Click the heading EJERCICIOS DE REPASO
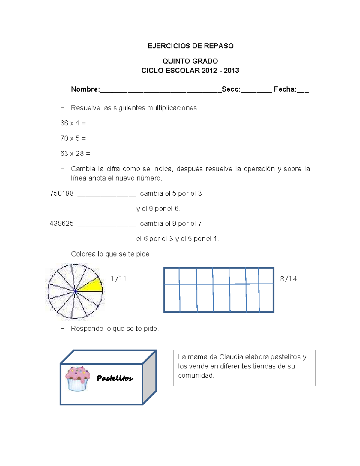[190, 46]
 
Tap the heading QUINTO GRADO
[190, 61]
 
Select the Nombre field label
[85, 89]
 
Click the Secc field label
[231, 89]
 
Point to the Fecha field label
[285, 89]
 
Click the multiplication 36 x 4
[73, 123]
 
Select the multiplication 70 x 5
[73, 138]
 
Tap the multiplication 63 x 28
[75, 154]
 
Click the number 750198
[62, 194]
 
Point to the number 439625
[62, 224]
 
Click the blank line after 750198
[107, 196]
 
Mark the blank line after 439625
[107, 226]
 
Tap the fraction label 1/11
[118, 279]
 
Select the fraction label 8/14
[288, 279]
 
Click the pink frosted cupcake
[78, 378]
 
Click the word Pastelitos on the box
[115, 378]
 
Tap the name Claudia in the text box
[231, 357]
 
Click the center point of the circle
[75, 291]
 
